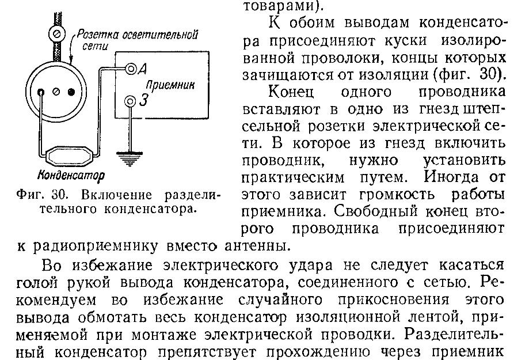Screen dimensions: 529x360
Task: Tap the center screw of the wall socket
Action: click(55, 92)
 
